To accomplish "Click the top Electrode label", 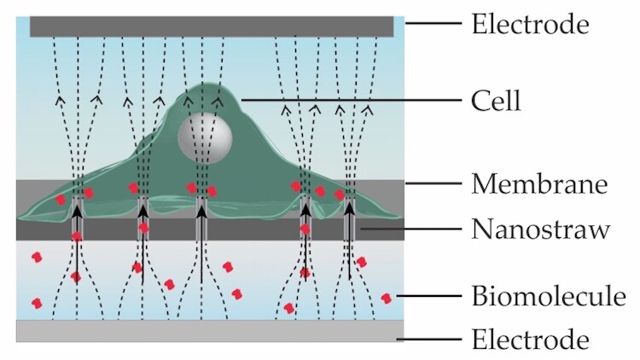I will click(x=530, y=24).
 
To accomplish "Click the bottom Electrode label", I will click(x=530, y=340).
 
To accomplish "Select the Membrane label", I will click(x=538, y=183).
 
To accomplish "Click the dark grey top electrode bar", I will click(x=212, y=26).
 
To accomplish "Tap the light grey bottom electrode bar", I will click(x=212, y=331).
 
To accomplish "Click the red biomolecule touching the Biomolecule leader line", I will click(x=387, y=298).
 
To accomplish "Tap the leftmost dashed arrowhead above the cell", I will click(x=61, y=101).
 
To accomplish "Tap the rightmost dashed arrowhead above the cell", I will click(x=369, y=108).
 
